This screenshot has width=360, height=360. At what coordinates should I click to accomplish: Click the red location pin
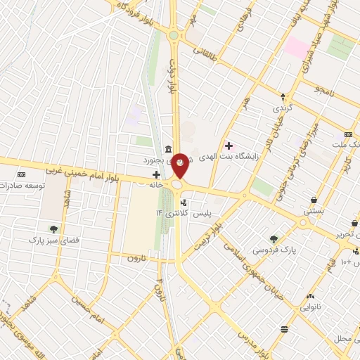coord(181,165)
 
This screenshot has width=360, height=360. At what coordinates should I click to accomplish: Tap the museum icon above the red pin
coord(168,148)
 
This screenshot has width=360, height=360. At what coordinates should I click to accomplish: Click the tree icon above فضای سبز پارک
coord(53,229)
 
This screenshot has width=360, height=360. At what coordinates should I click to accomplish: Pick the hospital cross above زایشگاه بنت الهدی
coord(229,145)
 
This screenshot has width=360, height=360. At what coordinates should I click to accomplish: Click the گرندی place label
coord(283,109)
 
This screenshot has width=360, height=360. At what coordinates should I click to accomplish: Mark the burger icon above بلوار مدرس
coord(284,328)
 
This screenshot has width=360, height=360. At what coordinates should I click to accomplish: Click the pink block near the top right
coord(296,49)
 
